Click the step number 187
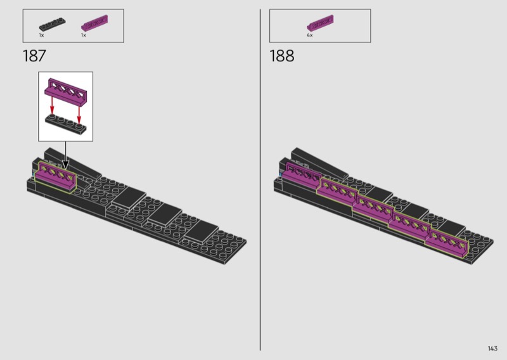(x=34, y=56)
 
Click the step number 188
(x=281, y=56)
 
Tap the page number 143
(x=492, y=349)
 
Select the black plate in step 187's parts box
(x=52, y=25)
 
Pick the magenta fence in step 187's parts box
(x=94, y=23)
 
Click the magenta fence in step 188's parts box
(x=320, y=23)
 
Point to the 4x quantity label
(x=310, y=35)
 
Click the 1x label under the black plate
(x=41, y=35)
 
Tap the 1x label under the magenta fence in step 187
(x=84, y=35)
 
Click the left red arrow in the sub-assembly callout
(x=52, y=108)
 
